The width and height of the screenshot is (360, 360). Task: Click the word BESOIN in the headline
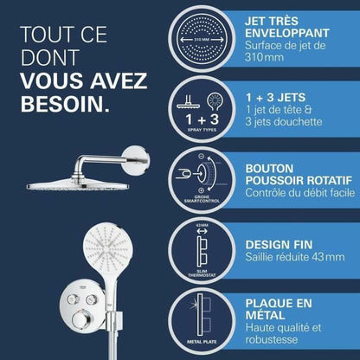point(62,104)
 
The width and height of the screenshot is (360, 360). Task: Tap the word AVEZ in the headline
point(119,80)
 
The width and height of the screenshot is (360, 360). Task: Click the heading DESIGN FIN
point(279,245)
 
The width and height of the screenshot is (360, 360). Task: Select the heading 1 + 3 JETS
point(275,98)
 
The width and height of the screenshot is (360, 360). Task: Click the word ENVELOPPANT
point(287,33)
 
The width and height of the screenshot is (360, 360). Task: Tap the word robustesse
point(271,339)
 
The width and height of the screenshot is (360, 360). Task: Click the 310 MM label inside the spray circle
point(202,40)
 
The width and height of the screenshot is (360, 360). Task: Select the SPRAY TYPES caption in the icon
point(202,130)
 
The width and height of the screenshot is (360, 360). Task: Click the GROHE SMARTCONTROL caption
point(202,199)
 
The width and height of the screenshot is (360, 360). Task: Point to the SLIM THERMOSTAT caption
point(202,273)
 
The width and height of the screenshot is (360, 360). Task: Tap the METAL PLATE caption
point(202,342)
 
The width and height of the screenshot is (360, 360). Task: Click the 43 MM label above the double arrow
point(202,225)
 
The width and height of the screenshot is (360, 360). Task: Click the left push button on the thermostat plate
point(73,299)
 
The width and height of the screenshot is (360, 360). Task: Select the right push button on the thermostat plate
point(91,299)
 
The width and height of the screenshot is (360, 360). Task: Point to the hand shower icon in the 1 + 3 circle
point(215,101)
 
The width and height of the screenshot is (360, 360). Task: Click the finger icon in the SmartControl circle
point(183,173)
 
